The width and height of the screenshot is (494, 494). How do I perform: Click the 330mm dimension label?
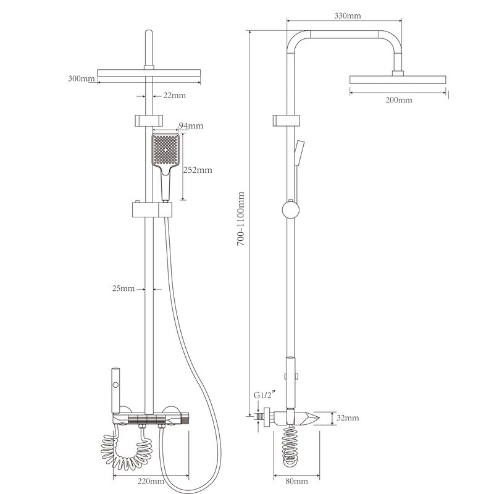348,15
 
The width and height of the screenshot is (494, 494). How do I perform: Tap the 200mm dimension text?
399,100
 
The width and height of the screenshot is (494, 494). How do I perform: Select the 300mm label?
82,78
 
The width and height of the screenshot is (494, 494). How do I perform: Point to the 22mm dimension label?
174,95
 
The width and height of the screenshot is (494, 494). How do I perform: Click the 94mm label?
191,126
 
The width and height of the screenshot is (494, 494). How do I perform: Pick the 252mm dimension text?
198,170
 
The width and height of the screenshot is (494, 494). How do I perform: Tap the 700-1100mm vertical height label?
241,219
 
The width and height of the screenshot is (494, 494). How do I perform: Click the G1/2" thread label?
265,395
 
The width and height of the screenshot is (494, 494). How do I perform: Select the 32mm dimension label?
348,418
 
